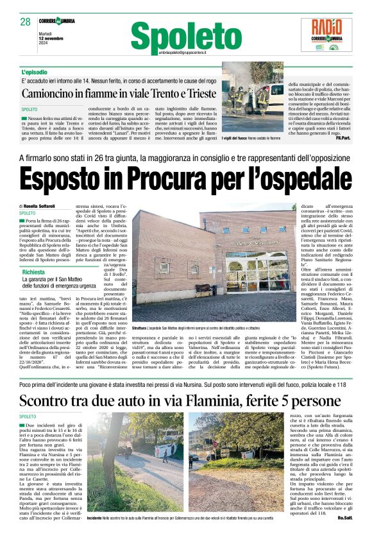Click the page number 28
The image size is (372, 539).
click(26, 22)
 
